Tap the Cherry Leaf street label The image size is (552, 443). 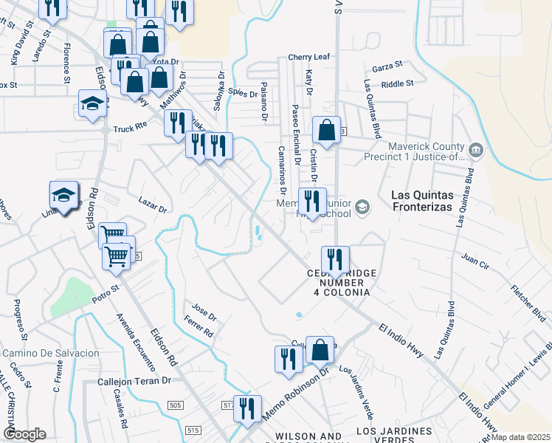click(x=309, y=57)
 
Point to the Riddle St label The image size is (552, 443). click(x=398, y=84)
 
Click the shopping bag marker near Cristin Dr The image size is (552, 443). click(x=326, y=131)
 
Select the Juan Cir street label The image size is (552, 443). click(x=475, y=258)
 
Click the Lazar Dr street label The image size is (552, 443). click(x=153, y=204)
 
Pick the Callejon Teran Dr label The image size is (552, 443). click(x=134, y=382)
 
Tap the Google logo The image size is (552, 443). click(x=25, y=434)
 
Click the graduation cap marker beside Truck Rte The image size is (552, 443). click(x=92, y=105)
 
